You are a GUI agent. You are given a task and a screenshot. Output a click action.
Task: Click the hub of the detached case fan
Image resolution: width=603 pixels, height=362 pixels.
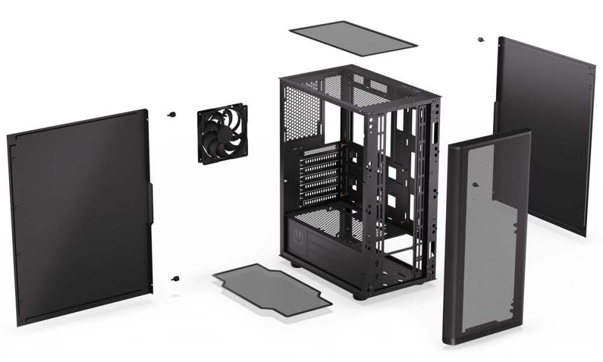[x=221, y=133]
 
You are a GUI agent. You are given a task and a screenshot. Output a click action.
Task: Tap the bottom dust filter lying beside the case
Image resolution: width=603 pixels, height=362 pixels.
[x=271, y=286]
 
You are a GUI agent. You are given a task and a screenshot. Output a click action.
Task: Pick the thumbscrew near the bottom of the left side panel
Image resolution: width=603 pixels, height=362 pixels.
[x=175, y=278]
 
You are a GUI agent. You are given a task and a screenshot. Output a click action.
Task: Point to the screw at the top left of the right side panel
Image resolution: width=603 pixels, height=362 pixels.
[x=480, y=40]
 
